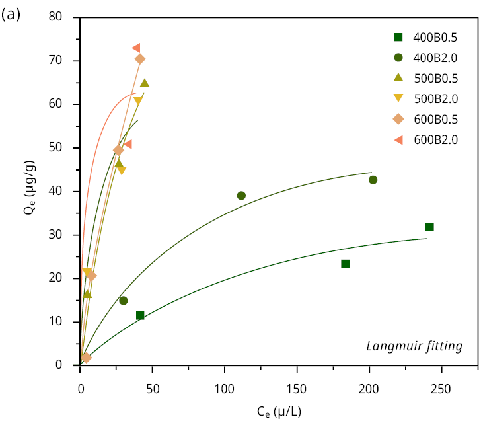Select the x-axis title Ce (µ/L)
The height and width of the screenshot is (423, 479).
click(x=279, y=411)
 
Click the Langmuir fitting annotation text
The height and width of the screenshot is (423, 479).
click(x=414, y=346)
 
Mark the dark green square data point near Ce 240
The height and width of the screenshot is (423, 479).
click(x=429, y=227)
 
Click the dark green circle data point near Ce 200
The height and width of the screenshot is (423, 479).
click(x=373, y=180)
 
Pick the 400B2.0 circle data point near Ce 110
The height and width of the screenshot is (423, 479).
click(x=241, y=196)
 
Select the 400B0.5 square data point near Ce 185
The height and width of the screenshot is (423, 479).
click(x=345, y=264)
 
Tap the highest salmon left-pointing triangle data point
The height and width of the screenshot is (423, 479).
click(x=136, y=48)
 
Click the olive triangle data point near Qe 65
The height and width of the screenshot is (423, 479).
click(x=145, y=83)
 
